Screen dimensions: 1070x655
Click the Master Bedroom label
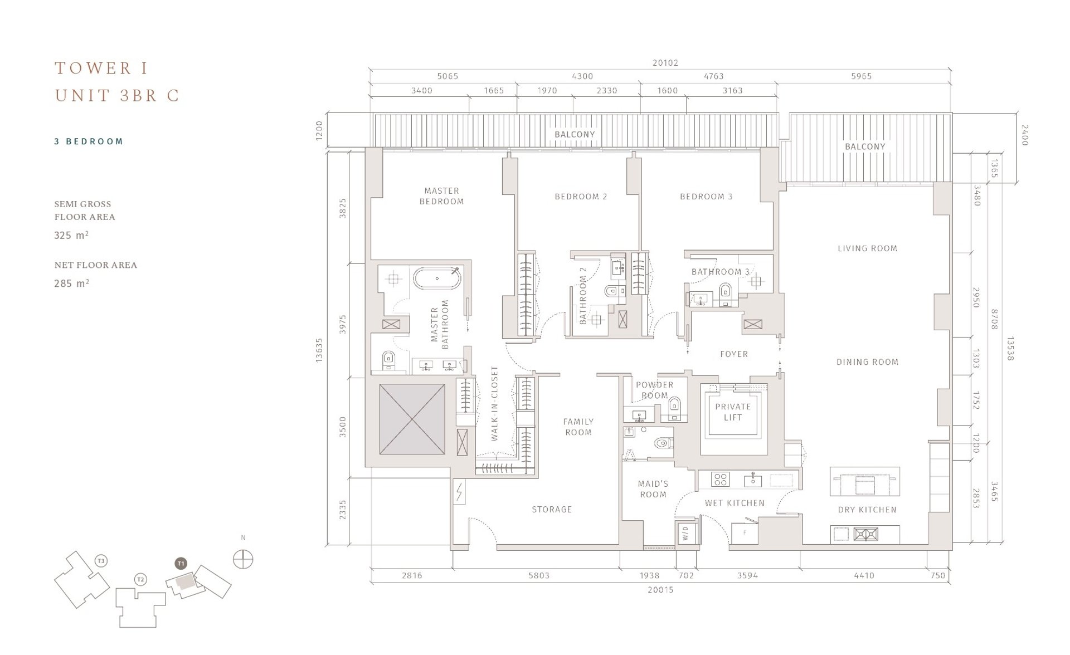point(441,196)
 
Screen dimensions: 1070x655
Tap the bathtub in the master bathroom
point(437,278)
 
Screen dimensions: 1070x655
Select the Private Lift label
point(733,412)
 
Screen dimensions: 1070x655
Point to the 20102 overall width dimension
point(665,63)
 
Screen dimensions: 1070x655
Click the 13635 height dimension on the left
point(319,351)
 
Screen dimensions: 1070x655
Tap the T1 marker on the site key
point(181,564)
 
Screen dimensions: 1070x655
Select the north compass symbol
point(243,559)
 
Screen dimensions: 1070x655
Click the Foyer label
point(734,354)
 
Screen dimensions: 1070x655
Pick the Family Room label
point(578,427)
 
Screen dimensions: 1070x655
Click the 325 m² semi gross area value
point(71,235)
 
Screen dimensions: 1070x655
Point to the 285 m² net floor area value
point(71,283)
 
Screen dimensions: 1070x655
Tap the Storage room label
point(552,509)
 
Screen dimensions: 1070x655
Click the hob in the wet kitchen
point(721,480)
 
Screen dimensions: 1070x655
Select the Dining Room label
point(867,362)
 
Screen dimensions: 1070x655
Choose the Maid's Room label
point(653,489)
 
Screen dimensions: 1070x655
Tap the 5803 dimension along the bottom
point(539,575)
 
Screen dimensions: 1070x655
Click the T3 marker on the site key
point(101,561)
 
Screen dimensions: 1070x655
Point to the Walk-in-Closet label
point(495,404)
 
